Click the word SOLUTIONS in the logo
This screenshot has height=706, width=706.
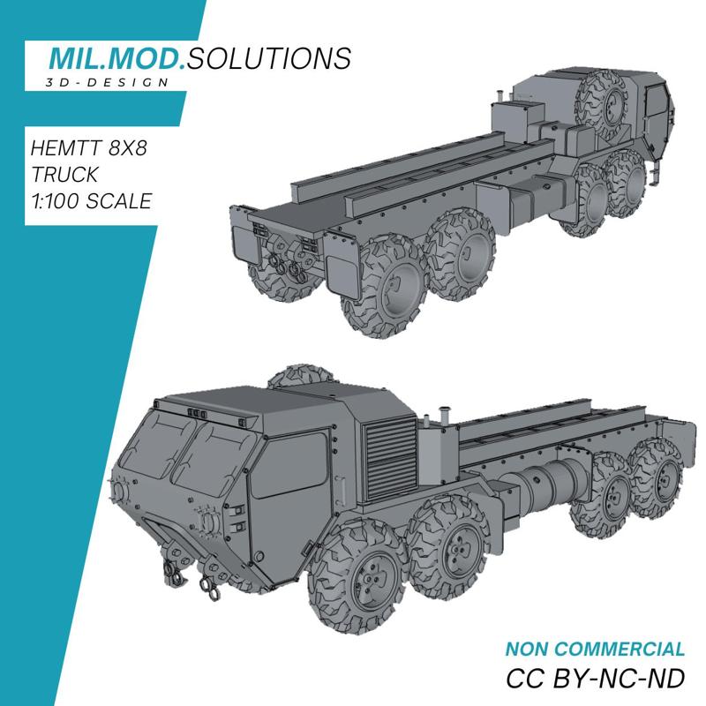269,59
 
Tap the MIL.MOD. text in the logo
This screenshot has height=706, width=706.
117,59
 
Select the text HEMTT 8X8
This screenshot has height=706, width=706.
88,146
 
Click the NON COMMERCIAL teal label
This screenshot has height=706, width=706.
595,650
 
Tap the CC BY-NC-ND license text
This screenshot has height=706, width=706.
596,680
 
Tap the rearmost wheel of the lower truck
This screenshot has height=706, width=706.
657,479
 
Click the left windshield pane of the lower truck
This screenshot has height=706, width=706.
159,449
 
